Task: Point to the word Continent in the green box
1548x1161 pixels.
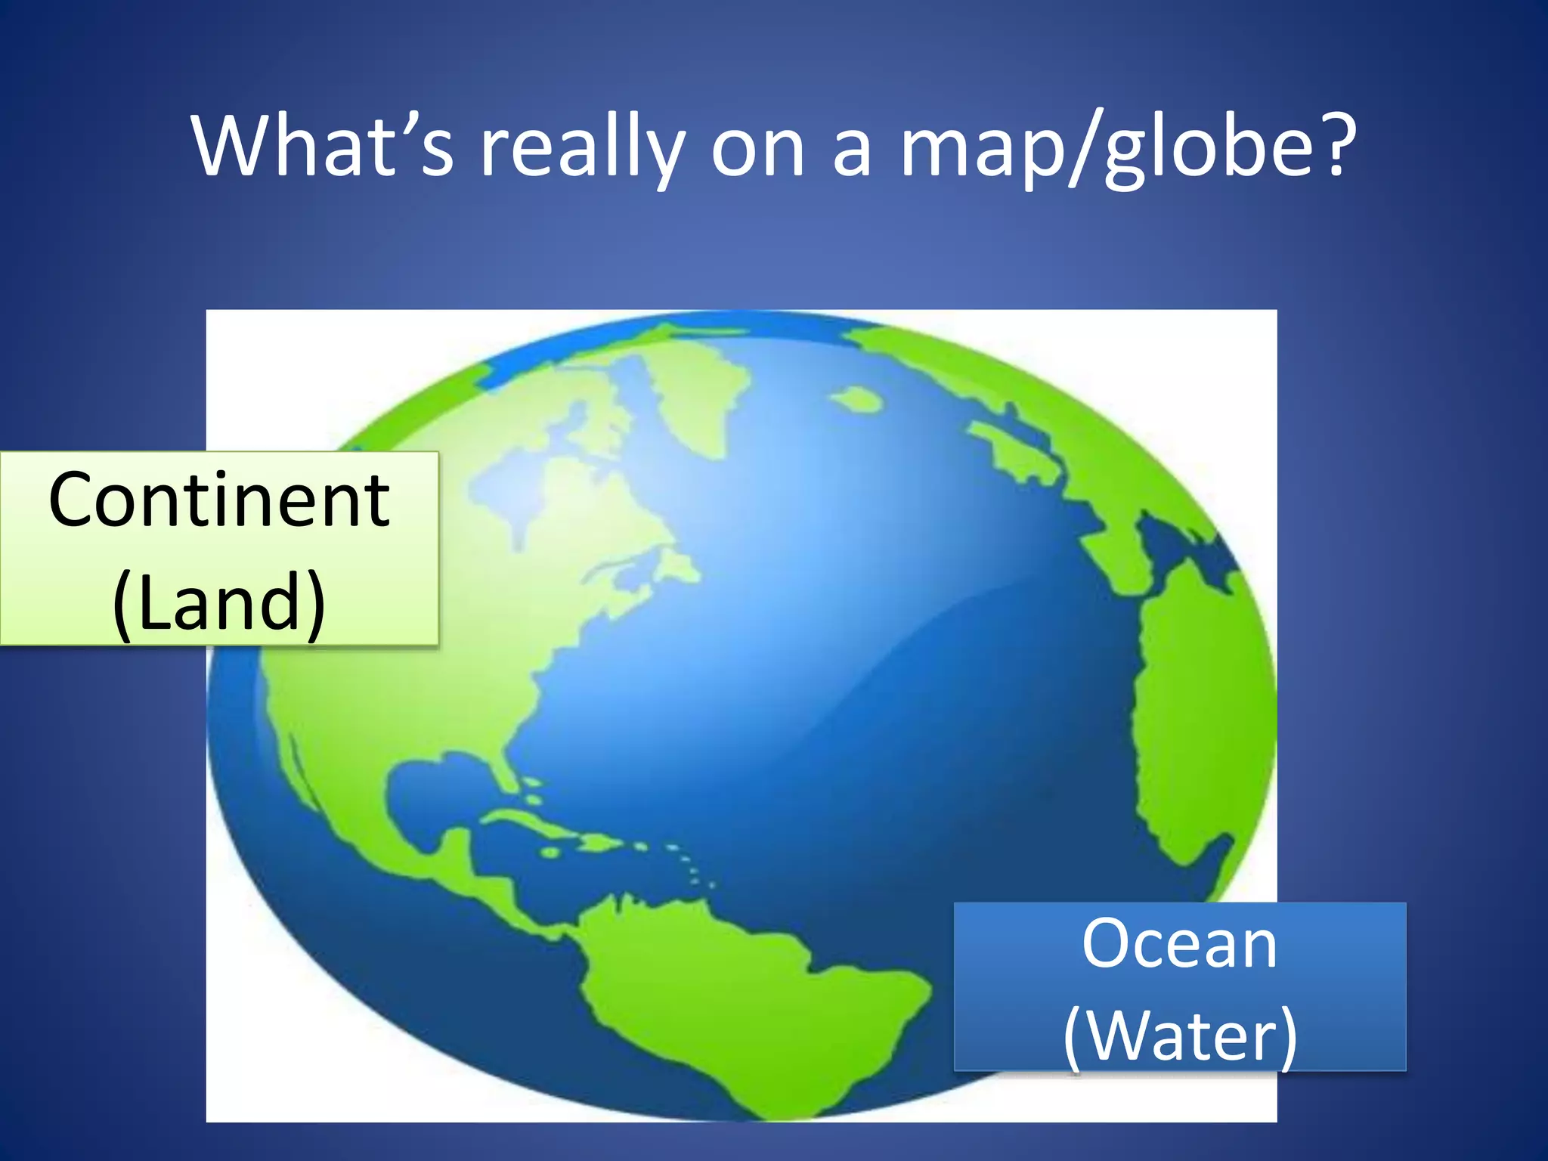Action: (x=219, y=500)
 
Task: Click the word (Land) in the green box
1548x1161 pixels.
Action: (x=219, y=601)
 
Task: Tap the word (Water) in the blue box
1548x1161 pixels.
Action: (x=1180, y=1035)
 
